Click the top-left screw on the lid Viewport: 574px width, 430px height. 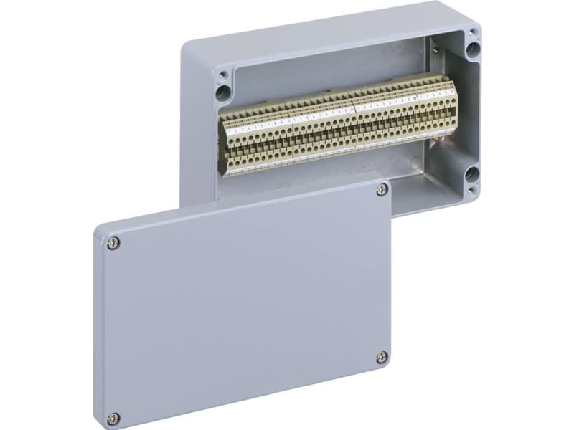pos(113,244)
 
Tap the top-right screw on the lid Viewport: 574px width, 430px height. pos(382,189)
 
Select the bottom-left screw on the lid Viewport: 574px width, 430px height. pos(113,418)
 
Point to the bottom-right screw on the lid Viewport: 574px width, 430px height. pos(382,356)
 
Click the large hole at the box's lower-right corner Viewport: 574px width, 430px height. pos(471,174)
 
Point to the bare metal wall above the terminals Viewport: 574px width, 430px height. pos(323,72)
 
